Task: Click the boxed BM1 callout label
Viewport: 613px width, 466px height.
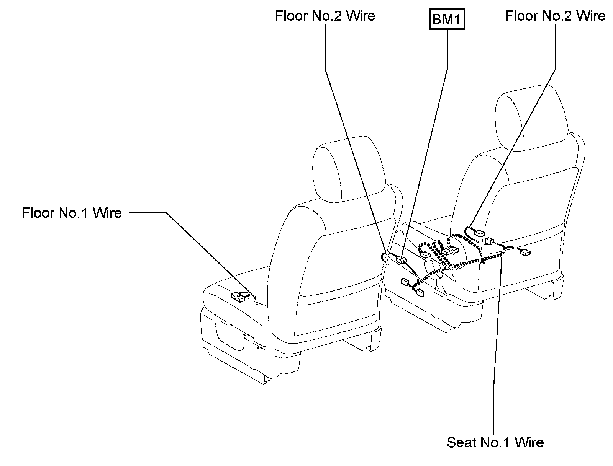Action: pyautogui.click(x=446, y=19)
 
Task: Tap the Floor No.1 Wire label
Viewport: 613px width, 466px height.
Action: pyautogui.click(x=72, y=213)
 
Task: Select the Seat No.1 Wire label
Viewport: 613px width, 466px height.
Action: pyautogui.click(x=495, y=442)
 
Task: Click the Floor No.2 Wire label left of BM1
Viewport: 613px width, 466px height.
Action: pyautogui.click(x=325, y=16)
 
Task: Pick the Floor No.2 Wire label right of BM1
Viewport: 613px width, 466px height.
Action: pyautogui.click(x=555, y=16)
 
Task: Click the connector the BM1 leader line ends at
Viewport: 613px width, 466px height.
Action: pyautogui.click(x=401, y=260)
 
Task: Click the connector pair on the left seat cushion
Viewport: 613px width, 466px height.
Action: pyautogui.click(x=238, y=297)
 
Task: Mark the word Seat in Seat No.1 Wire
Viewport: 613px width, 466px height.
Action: pyautogui.click(x=462, y=442)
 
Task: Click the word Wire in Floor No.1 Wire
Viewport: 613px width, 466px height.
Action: pyautogui.click(x=107, y=213)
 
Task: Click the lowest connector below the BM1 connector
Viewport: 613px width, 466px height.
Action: pyautogui.click(x=420, y=293)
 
